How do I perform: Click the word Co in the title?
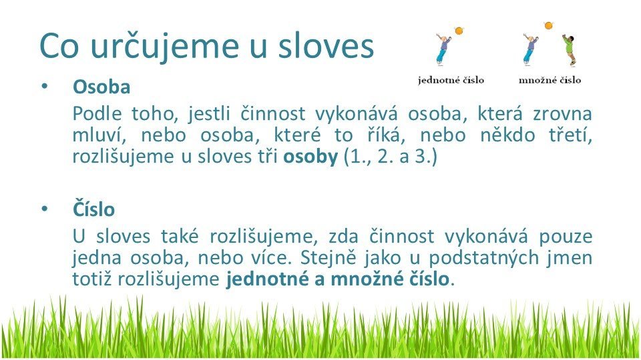59,45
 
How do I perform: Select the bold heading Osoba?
101,87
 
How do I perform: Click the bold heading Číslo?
93,209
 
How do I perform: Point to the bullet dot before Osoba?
45,87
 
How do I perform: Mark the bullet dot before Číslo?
45,209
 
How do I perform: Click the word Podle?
97,113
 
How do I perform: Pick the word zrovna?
562,114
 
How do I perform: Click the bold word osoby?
310,157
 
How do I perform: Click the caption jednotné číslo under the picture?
451,80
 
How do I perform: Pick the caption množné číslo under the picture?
550,80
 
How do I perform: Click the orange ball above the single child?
459,31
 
